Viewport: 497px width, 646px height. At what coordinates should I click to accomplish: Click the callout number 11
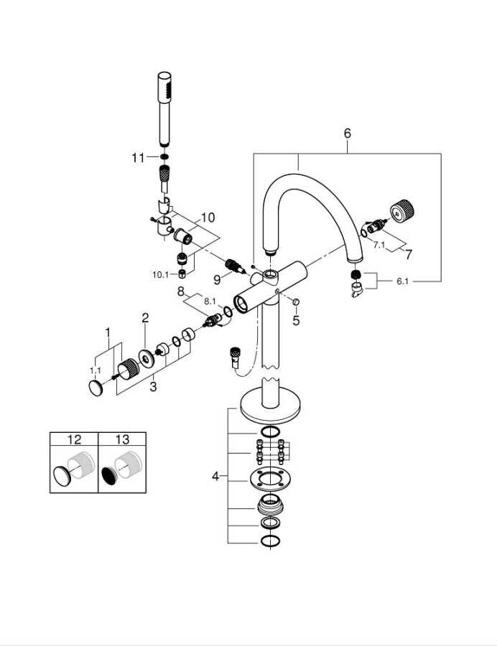138,157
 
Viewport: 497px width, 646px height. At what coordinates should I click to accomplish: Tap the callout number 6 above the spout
348,133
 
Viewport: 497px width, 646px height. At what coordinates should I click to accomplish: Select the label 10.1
161,274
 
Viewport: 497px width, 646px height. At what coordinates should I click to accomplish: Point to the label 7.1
379,245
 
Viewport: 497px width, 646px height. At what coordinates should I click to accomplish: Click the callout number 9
217,280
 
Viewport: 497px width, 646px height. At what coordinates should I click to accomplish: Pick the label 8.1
210,301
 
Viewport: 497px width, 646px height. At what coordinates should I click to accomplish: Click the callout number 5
297,320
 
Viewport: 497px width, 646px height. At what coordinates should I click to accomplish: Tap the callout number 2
145,318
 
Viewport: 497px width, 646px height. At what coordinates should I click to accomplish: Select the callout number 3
153,387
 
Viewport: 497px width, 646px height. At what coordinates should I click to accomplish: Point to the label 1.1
96,370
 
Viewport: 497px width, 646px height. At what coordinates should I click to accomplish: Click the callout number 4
215,477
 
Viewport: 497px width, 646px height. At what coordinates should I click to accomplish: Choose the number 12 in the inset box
74,439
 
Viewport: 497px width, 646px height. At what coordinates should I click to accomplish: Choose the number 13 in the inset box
122,439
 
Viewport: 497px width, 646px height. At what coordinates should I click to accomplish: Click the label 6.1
402,281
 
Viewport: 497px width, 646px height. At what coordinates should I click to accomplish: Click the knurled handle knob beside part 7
401,211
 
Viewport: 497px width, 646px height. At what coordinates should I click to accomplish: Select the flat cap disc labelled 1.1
96,388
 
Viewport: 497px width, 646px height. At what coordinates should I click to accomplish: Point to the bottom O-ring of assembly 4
270,540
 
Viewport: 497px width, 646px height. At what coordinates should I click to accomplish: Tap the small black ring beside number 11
164,157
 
